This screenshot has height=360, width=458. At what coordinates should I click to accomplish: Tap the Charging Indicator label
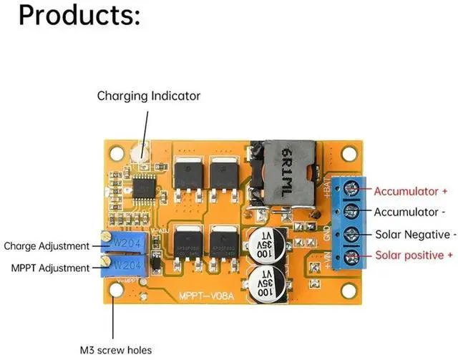click(x=149, y=95)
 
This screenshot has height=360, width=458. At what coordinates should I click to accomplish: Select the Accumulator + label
click(x=411, y=191)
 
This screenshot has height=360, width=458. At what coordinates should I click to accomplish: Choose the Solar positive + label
click(x=414, y=256)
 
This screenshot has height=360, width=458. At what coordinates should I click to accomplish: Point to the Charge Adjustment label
click(x=47, y=246)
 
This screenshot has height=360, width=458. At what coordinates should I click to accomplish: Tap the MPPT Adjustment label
click(x=50, y=268)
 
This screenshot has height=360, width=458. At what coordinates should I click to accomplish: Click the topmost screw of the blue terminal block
click(x=350, y=190)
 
